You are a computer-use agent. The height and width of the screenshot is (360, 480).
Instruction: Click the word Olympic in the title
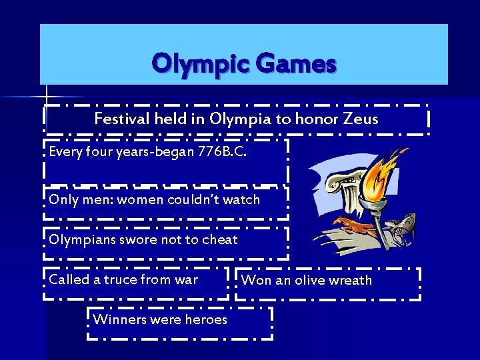point(193,65)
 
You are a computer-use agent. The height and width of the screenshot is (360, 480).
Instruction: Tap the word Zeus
point(361,119)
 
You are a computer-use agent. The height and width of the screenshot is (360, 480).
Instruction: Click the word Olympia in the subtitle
point(237,119)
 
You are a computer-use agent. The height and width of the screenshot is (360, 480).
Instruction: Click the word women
point(142,199)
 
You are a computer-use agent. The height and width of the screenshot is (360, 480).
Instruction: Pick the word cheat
point(219,239)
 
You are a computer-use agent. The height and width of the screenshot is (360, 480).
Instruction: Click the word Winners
point(119,319)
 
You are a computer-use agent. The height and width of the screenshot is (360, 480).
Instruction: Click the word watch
point(241,199)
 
